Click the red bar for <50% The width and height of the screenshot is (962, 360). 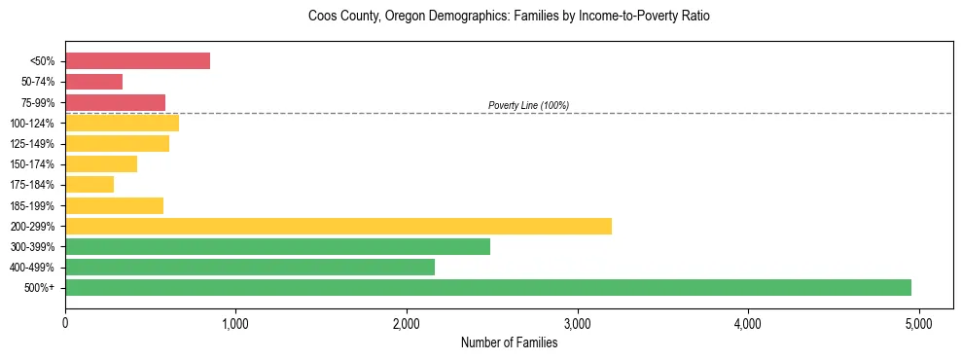pyautogui.click(x=137, y=61)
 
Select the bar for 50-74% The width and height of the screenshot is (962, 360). pyautogui.click(x=93, y=82)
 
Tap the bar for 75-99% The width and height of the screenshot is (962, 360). pyautogui.click(x=115, y=102)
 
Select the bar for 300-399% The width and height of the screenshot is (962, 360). pyautogui.click(x=277, y=246)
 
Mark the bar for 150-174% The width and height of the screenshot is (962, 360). pyautogui.click(x=101, y=163)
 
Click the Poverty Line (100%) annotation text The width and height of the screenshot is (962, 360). pyautogui.click(x=528, y=105)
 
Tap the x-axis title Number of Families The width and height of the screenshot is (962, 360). pyautogui.click(x=509, y=342)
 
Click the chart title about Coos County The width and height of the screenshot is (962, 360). pyautogui.click(x=509, y=17)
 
